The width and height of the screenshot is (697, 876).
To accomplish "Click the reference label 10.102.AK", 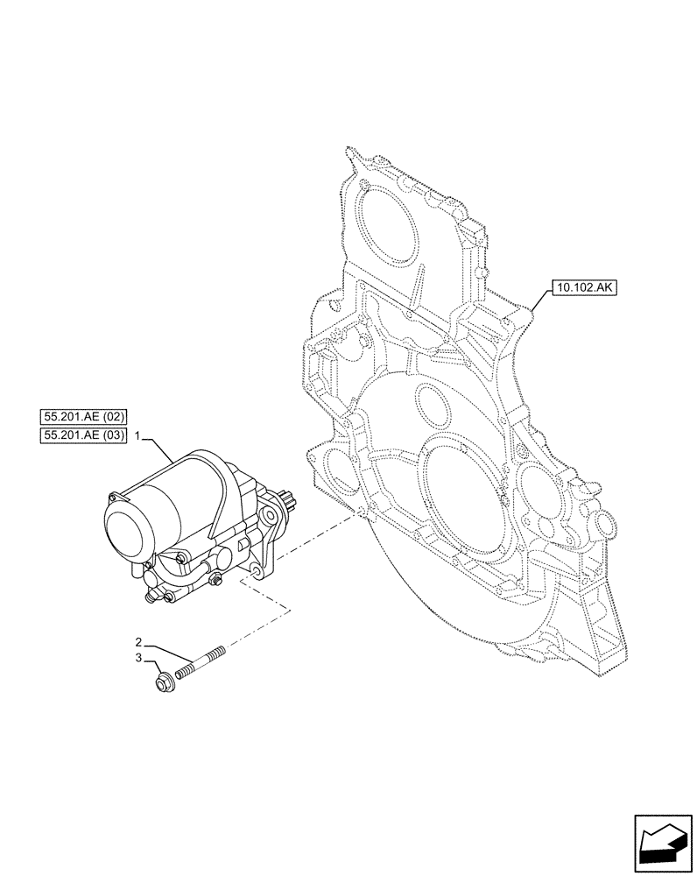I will point(584,286).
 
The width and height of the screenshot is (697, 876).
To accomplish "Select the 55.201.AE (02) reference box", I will point(84,416).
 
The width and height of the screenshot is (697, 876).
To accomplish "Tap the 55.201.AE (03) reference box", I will point(84,435).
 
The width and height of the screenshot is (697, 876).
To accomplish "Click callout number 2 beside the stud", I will point(138,642).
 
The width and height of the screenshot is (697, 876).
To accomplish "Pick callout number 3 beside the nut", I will point(138,657).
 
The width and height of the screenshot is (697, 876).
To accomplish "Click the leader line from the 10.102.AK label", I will point(539,300).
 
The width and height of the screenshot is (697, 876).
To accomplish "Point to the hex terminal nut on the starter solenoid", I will point(161,597).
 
